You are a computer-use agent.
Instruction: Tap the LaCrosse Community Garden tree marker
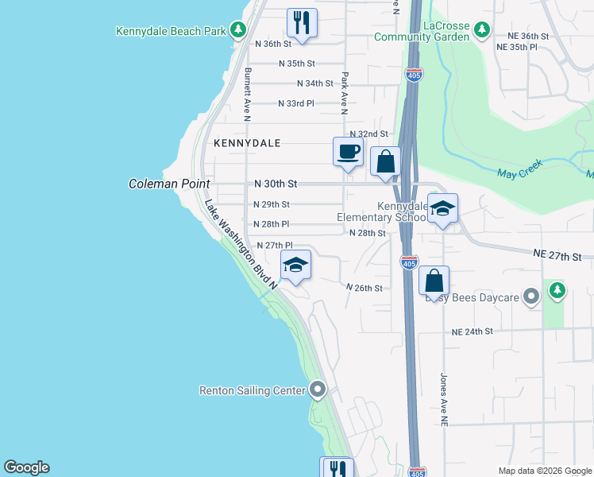[481, 30]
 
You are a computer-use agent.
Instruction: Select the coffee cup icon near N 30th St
[348, 151]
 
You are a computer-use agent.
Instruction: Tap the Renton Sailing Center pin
[318, 390]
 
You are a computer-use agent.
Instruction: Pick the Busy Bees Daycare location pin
[532, 297]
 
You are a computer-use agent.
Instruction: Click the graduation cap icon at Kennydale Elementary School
[443, 209]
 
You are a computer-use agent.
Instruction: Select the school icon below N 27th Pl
[295, 266]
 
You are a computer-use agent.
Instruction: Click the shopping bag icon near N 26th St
[434, 281]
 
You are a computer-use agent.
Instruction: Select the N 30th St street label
[275, 184]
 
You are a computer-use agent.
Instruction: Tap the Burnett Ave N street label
[248, 94]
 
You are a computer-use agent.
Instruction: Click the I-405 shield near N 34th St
[414, 74]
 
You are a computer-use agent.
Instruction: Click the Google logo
[26, 467]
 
